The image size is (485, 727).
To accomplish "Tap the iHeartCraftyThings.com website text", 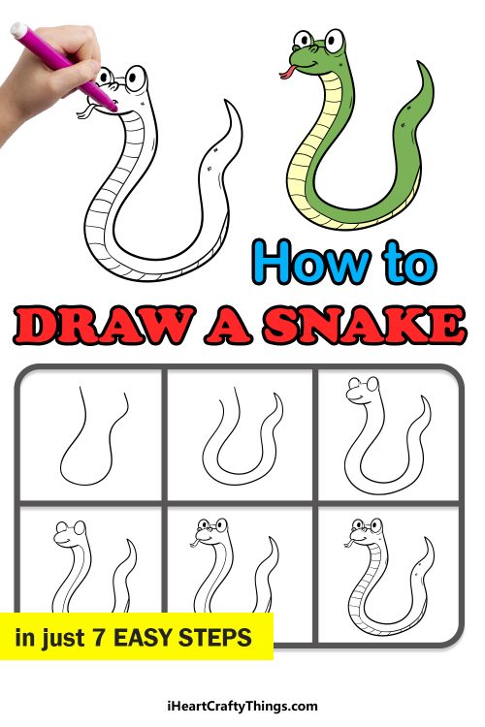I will click(x=242, y=706).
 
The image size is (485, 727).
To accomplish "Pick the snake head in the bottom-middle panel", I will click(x=210, y=534).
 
